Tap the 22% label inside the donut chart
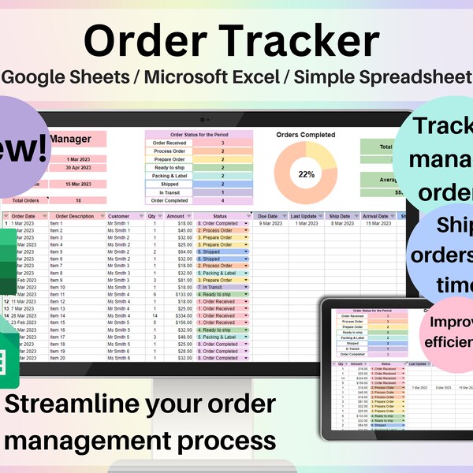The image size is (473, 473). (x=306, y=174)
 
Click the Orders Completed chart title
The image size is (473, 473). (x=306, y=135)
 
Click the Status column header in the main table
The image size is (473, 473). (x=220, y=216)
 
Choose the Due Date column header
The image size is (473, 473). (x=269, y=216)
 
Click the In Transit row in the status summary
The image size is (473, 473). (x=169, y=192)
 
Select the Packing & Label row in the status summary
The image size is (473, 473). (x=169, y=174)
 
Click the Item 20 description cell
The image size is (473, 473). (x=57, y=358)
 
